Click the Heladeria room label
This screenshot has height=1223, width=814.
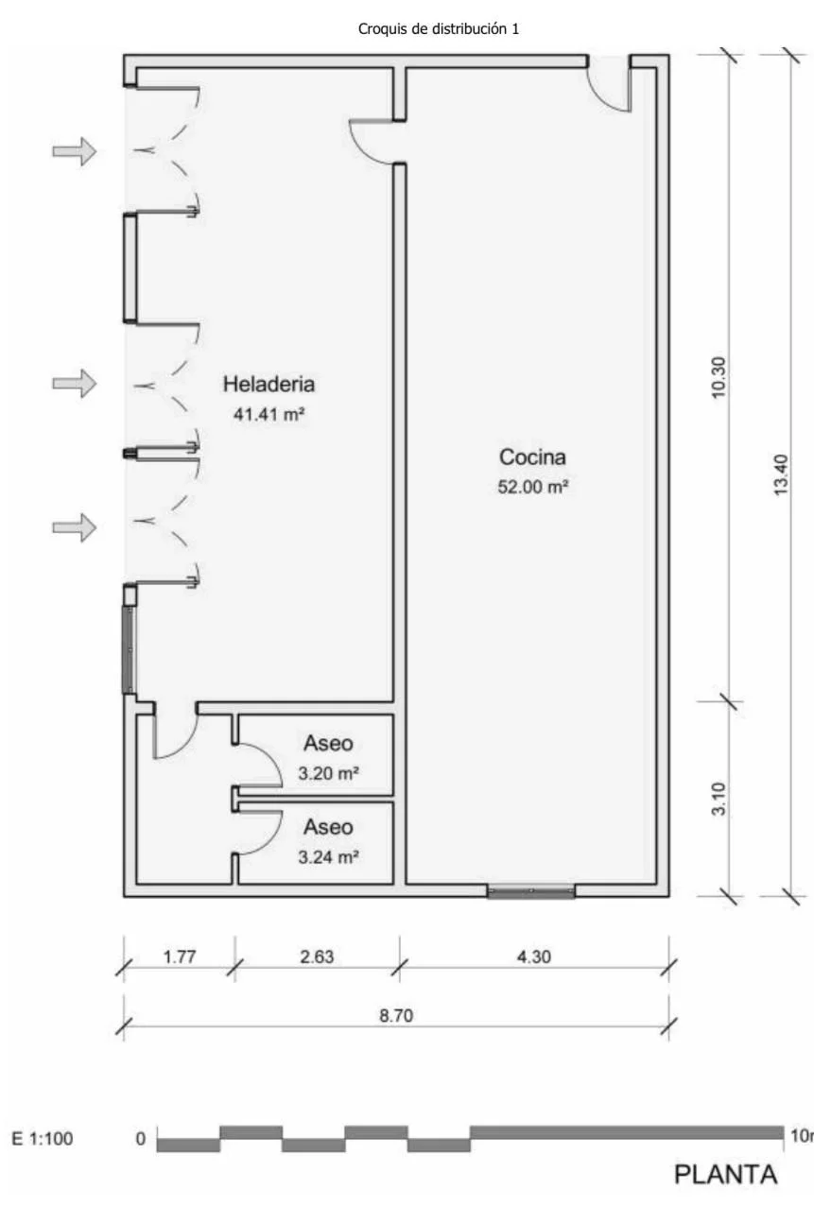268,385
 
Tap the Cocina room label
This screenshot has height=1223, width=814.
532,457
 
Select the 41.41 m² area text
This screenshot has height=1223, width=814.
268,414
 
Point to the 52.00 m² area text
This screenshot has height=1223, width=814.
532,487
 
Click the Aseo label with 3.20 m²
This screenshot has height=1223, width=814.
328,743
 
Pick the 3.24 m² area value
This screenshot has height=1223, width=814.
328,857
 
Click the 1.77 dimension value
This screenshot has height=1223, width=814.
180,956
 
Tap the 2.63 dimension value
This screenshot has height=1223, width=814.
317,956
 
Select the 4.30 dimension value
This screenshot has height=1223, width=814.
534,956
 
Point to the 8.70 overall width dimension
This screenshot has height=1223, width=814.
396,1015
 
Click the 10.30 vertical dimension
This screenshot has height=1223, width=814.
719,377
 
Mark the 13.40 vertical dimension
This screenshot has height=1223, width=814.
781,475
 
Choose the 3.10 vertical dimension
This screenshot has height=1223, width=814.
719,799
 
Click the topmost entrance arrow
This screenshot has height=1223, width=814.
75,151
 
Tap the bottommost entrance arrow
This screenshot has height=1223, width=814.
75,527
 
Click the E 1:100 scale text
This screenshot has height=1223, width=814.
43,1138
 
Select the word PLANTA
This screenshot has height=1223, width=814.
725,1175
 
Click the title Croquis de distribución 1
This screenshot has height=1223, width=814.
438,29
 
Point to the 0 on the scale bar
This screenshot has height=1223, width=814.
141,1138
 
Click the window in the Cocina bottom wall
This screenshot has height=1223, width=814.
531,891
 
